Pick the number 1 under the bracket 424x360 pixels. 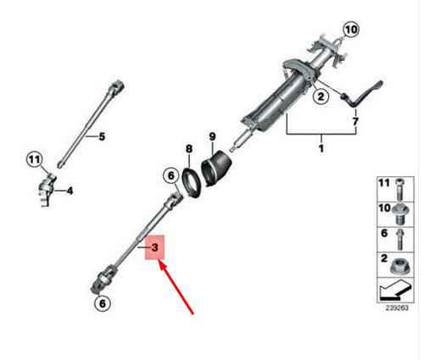(x=321, y=149)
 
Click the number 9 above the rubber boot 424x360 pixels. (x=212, y=135)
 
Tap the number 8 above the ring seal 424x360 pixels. (x=189, y=150)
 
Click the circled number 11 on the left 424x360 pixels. (x=33, y=159)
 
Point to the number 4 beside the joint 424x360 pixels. (x=70, y=191)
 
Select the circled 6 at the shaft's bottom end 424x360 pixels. (x=101, y=302)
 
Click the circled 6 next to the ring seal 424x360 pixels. (x=170, y=177)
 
